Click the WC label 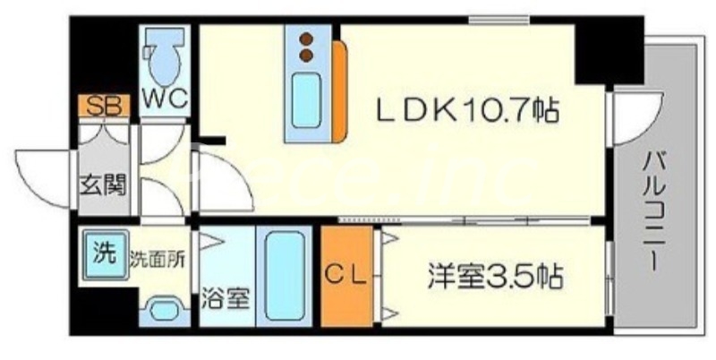pos(164,99)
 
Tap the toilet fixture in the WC pos(165,56)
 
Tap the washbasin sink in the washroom pos(162,310)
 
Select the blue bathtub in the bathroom pos(285,278)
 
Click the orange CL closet pos(345,277)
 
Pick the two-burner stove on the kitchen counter pos(307,47)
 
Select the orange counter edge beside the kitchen pos(338,90)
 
